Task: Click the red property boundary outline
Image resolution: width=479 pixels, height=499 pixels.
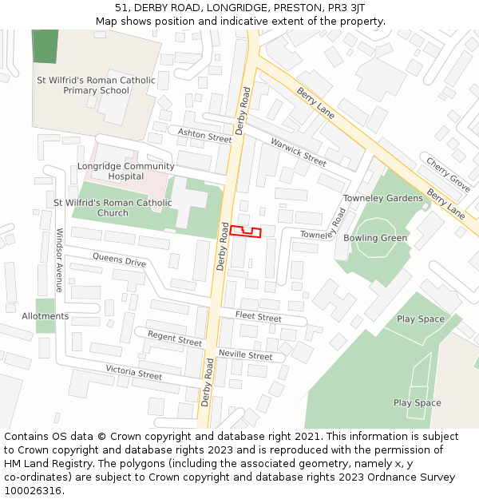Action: (x=247, y=232)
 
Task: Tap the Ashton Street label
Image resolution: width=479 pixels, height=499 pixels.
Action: (x=204, y=137)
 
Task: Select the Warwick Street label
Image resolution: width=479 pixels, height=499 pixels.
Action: (x=298, y=152)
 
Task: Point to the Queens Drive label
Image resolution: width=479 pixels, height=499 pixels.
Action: (x=119, y=259)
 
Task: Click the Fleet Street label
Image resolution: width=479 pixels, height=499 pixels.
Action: (x=258, y=317)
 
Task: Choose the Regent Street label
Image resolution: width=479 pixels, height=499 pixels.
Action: (x=175, y=339)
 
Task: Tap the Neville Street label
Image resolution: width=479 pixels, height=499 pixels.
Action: (x=244, y=354)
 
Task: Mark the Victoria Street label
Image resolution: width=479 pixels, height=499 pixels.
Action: (x=133, y=372)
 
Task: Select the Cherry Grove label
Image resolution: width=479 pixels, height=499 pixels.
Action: (x=448, y=174)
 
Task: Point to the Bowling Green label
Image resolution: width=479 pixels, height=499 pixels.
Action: (x=375, y=238)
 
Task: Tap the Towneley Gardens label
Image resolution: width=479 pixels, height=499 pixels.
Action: (x=382, y=198)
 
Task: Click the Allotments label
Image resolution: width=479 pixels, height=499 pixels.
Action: (x=46, y=316)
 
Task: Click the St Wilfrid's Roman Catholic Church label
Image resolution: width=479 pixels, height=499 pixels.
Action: (x=113, y=208)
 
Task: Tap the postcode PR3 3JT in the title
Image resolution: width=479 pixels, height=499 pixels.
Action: (x=346, y=7)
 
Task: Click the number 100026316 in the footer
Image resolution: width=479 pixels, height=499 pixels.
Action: (x=33, y=490)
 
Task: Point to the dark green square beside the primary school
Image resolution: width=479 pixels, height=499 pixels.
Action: (x=46, y=46)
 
